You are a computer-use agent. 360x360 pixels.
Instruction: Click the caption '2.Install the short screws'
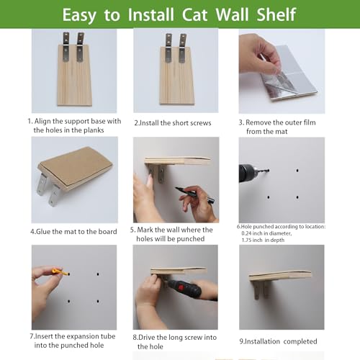click(x=173, y=123)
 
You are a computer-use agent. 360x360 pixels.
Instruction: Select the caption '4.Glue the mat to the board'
click(x=69, y=232)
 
